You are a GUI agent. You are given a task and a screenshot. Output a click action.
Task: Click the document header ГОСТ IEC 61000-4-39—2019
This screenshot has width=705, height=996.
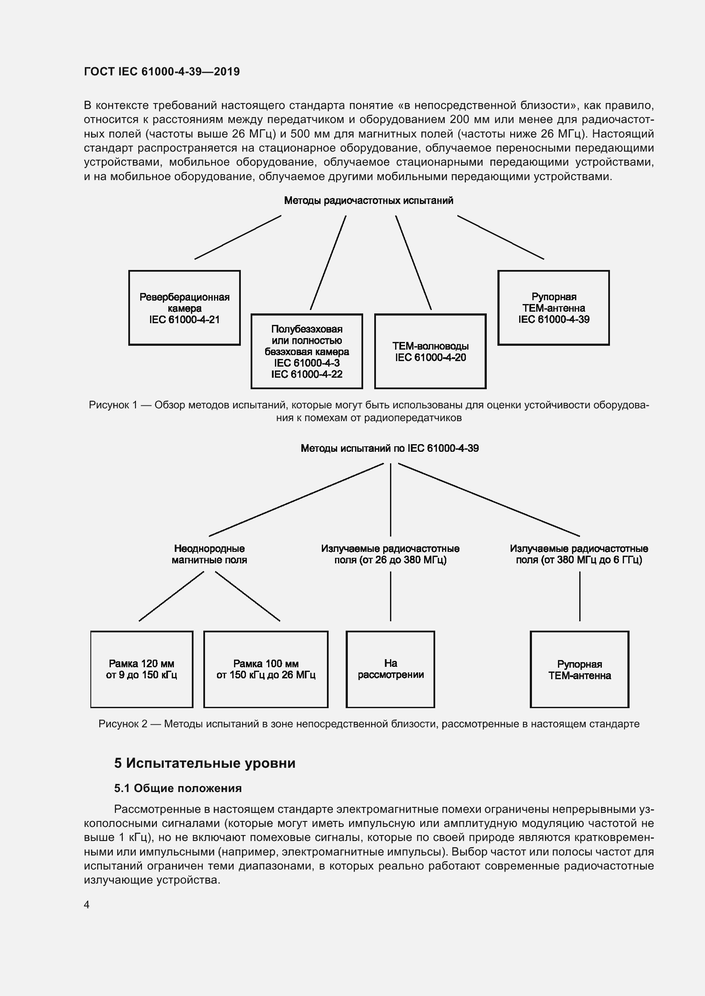(x=162, y=72)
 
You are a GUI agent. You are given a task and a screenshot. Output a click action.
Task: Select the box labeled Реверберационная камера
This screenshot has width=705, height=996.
(x=184, y=308)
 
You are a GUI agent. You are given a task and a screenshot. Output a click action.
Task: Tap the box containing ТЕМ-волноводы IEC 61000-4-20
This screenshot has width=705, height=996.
(x=430, y=351)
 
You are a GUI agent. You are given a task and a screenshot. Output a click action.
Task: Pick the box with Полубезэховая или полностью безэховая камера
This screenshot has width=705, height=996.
(x=306, y=351)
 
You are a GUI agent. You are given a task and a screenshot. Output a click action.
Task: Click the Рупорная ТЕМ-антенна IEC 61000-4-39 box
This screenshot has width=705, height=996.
(x=554, y=308)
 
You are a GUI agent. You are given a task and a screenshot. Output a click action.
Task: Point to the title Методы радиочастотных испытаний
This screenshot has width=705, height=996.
(x=369, y=201)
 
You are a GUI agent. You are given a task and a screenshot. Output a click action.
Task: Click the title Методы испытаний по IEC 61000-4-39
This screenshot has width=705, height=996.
(x=390, y=448)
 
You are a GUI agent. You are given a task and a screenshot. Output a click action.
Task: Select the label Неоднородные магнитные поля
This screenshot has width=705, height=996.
(x=209, y=554)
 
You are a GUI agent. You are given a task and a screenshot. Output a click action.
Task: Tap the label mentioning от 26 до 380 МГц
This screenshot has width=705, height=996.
(x=390, y=554)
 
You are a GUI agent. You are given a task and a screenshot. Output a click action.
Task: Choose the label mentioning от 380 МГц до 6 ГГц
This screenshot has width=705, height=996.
(x=579, y=554)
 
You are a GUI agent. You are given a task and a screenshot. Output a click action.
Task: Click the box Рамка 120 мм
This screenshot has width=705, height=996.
(x=142, y=669)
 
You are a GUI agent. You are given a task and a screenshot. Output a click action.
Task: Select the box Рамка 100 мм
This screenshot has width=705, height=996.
(x=266, y=669)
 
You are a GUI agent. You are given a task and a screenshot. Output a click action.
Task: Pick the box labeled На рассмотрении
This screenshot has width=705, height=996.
(x=390, y=669)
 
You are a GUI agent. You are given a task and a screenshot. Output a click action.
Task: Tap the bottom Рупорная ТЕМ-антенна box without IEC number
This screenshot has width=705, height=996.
(x=580, y=669)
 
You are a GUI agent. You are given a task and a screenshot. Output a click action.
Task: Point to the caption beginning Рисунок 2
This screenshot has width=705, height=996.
(x=369, y=723)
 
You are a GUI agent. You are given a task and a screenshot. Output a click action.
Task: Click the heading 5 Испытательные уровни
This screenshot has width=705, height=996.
(x=205, y=763)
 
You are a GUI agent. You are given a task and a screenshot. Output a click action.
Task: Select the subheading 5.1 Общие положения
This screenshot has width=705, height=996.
(x=178, y=788)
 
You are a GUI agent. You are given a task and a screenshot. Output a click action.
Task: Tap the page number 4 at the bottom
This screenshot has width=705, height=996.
(x=87, y=904)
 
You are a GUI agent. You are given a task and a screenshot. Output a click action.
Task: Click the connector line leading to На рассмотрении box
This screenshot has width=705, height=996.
(x=390, y=597)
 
